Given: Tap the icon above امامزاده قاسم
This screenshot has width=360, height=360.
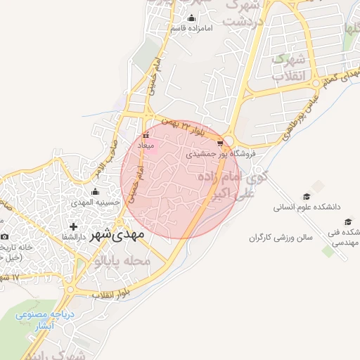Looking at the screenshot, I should pos(191,18).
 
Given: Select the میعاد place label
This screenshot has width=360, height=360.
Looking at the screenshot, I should pos(146,145).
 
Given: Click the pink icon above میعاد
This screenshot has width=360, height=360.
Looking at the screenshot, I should pos(146,135).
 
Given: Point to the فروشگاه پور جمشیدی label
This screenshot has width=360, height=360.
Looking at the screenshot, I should pos(221,152).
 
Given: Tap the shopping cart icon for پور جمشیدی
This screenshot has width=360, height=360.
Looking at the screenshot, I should pos(221,142).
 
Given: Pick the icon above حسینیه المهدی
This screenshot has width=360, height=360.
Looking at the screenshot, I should pos(95,192).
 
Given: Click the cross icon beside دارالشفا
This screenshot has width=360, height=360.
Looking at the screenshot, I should pos(73,226).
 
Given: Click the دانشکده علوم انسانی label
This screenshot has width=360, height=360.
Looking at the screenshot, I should pos(307,207).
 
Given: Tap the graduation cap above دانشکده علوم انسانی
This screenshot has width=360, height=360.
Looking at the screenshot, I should pos(307,196).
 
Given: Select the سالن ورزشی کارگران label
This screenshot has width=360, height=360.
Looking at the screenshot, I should pos(279,238).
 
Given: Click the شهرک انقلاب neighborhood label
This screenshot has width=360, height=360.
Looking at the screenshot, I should pos(288,65).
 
